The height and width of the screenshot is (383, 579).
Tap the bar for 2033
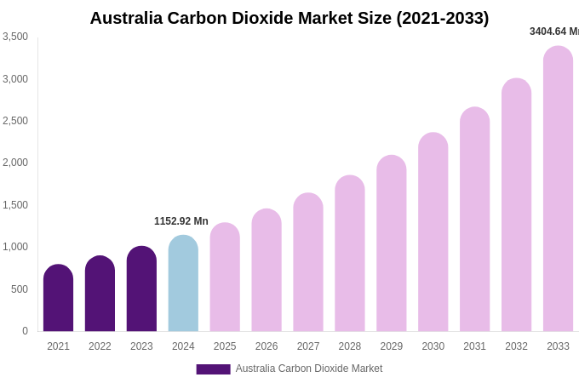point(558,189)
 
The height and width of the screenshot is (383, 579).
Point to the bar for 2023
point(141,289)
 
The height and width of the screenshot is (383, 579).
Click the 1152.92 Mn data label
point(181,221)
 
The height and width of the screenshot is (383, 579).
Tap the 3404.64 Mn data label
point(554,31)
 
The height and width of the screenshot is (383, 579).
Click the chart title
point(289,18)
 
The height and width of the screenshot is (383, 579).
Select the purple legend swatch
point(213,369)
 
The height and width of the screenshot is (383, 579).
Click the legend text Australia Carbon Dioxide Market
point(309,369)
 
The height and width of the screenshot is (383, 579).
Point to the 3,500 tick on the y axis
point(15,37)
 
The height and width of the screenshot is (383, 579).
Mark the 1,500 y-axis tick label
point(15,205)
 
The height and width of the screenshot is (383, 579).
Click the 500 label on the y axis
point(19,289)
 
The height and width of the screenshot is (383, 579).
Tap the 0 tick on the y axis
point(25,331)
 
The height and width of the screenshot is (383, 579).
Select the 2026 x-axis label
point(267,346)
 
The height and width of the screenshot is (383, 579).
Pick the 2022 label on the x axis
point(100,346)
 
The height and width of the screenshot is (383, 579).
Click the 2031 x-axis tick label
point(474,346)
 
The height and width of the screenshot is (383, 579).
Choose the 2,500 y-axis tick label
point(15,121)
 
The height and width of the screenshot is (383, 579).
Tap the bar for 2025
point(225,277)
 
